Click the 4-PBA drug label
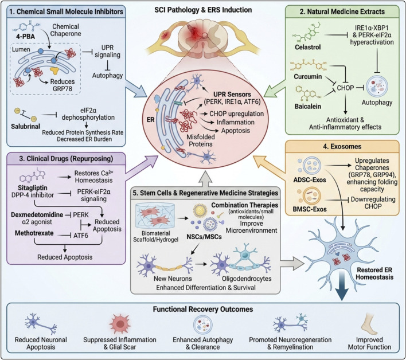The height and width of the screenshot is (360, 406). [25, 37]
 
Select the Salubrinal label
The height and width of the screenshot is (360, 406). [25, 127]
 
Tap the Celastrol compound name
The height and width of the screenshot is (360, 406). [307, 47]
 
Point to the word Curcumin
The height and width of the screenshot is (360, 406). [307, 77]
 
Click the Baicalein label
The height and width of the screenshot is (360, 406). [307, 107]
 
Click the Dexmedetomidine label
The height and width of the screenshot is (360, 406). [37, 214]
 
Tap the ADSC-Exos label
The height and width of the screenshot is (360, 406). [310, 180]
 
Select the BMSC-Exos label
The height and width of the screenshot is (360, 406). [310, 209]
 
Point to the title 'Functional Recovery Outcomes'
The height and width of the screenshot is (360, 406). [203, 310]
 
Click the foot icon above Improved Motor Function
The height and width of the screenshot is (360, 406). [369, 324]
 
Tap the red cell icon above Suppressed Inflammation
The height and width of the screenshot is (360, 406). [120, 324]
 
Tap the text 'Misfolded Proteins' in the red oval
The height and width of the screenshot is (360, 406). [201, 140]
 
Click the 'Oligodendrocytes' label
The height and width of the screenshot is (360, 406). [247, 279]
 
